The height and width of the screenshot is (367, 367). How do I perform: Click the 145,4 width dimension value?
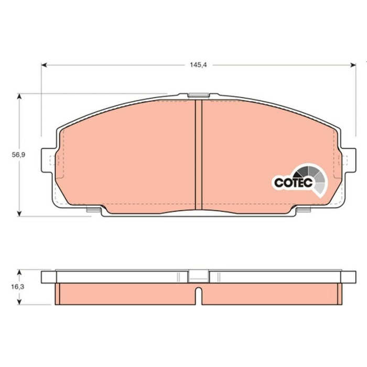198,65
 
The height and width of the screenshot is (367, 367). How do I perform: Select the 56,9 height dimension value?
18,155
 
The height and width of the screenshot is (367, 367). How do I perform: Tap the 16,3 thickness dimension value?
17,286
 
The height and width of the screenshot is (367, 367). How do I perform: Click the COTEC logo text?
293,182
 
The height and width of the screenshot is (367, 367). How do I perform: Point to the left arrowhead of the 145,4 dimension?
44,65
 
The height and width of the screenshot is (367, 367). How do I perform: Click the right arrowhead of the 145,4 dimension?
353,65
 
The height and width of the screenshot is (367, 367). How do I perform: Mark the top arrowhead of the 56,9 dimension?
20,96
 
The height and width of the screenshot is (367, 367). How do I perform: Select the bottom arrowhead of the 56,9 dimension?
20,213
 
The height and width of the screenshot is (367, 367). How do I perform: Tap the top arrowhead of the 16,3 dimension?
20,273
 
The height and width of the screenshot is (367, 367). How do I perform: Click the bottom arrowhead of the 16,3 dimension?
20,301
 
